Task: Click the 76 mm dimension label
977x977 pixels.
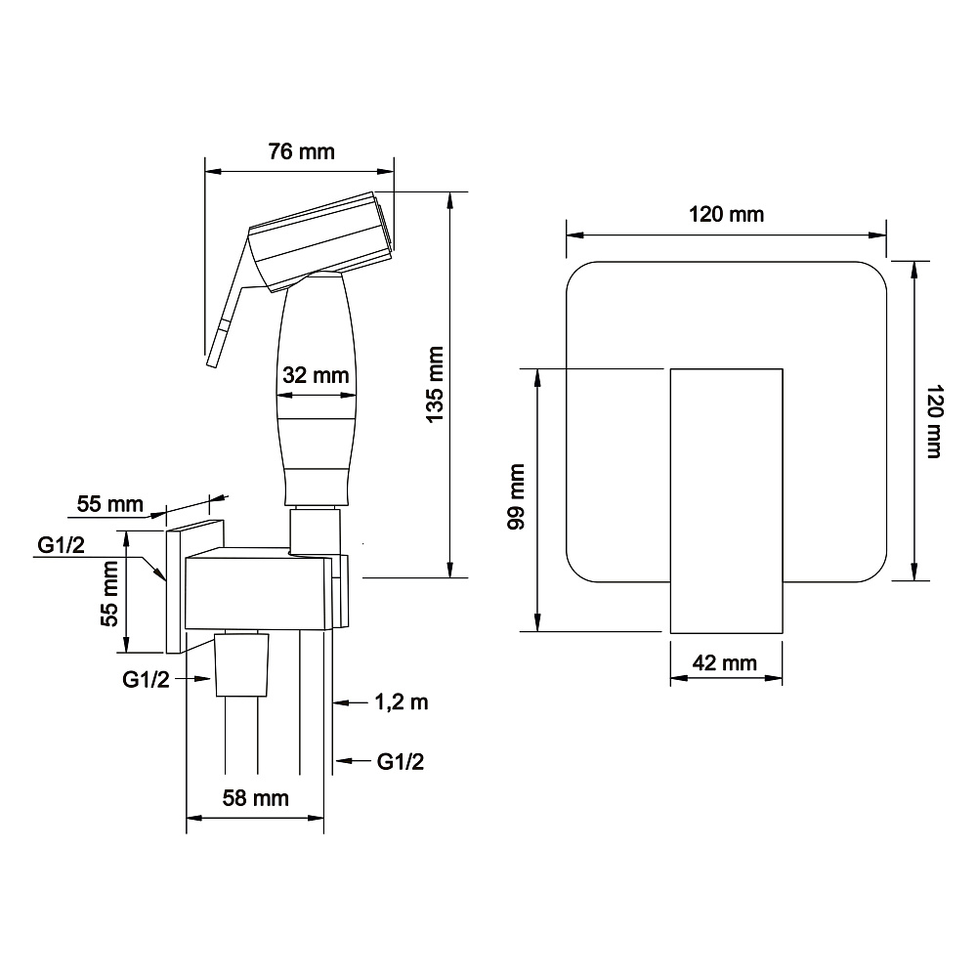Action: tap(302, 151)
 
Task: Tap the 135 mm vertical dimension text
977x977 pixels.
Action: tap(435, 385)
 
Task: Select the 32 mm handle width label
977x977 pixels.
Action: tap(316, 375)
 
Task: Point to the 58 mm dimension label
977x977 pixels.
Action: tap(255, 798)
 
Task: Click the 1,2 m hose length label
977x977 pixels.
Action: tap(402, 702)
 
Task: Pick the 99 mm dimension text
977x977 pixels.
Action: tap(517, 496)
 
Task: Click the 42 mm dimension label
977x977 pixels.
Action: tap(725, 662)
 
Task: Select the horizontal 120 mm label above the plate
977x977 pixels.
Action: tap(727, 214)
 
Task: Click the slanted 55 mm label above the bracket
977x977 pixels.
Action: tap(110, 503)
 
